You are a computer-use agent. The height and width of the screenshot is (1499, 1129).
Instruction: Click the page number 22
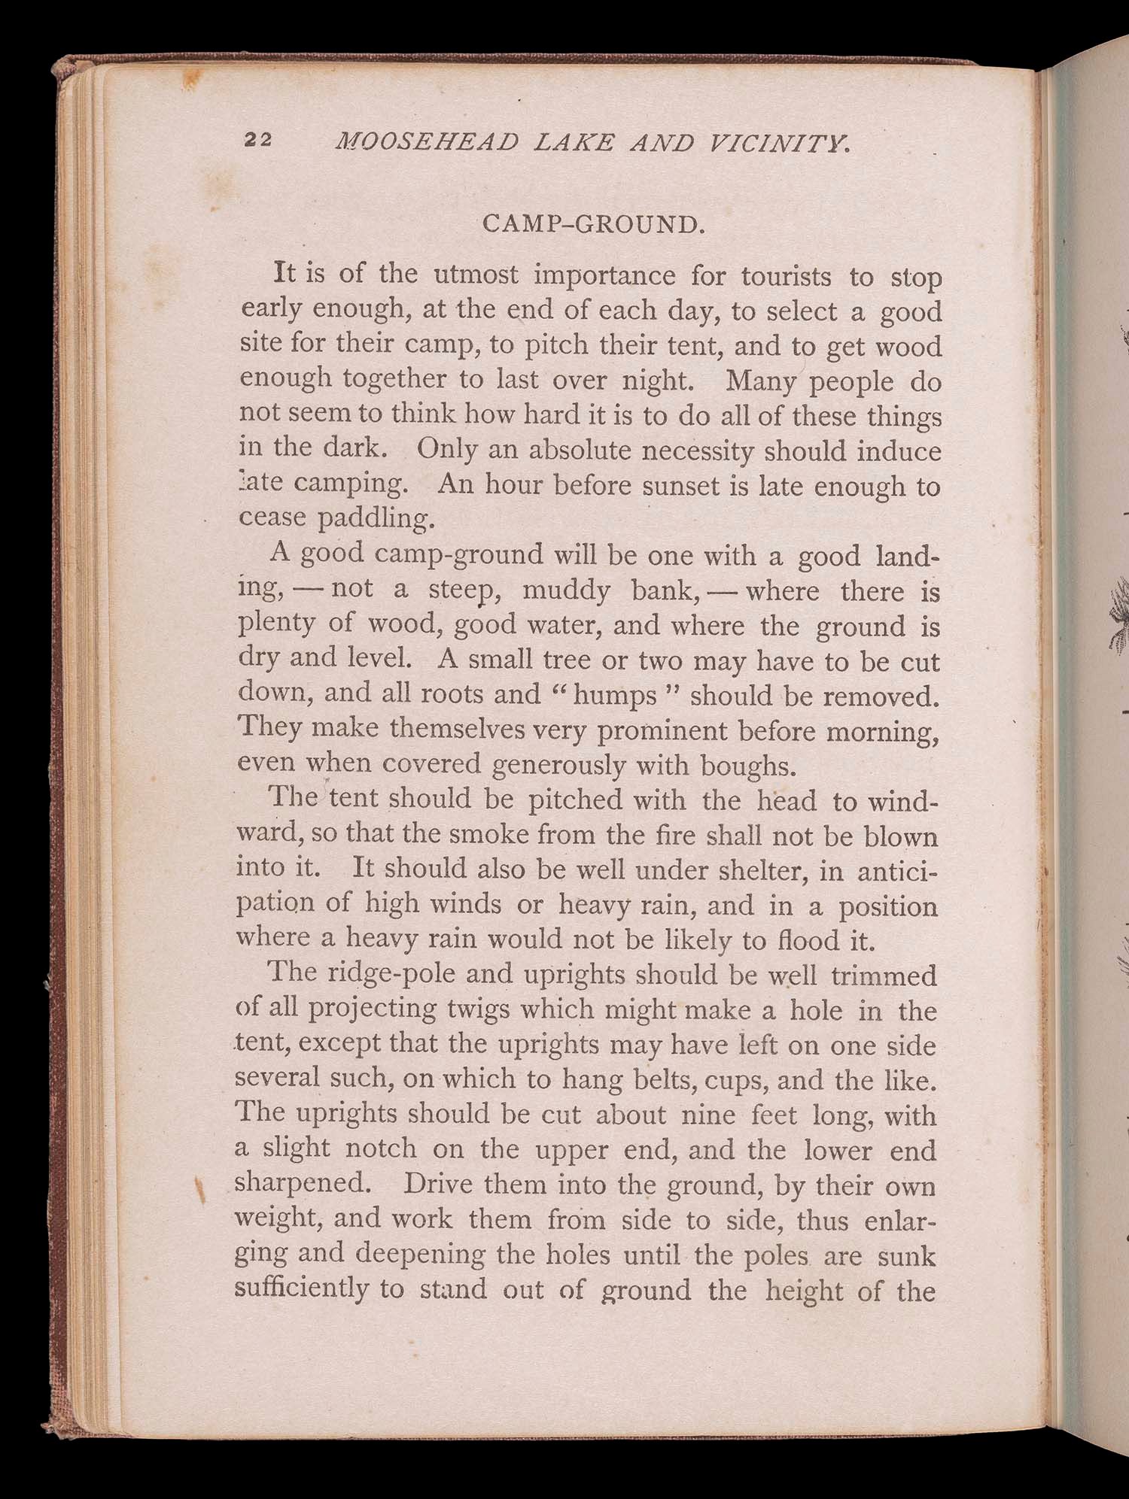(257, 140)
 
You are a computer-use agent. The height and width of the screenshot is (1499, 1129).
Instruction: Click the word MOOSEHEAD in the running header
(427, 141)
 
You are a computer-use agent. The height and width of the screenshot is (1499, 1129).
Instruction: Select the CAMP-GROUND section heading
(593, 224)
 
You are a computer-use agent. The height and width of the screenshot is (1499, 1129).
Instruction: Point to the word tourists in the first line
(787, 277)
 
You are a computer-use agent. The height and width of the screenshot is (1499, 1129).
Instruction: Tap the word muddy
(566, 590)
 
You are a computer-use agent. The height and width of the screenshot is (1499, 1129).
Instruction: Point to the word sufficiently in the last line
(301, 1289)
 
